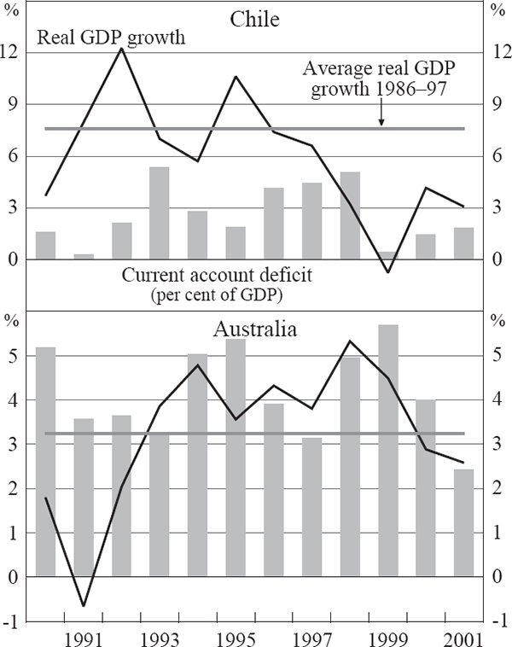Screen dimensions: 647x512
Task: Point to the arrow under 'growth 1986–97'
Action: click(x=381, y=117)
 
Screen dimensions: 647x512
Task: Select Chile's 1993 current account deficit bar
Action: click(x=160, y=213)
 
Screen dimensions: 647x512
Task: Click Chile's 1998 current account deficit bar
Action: click(x=350, y=216)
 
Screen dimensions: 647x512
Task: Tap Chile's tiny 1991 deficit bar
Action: click(x=84, y=256)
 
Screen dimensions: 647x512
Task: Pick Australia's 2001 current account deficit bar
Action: click(x=463, y=522)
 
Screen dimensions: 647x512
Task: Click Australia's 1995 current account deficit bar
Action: click(x=236, y=458)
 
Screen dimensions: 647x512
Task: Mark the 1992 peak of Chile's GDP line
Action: click(x=121, y=49)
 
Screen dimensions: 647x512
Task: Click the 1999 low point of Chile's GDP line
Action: click(x=388, y=272)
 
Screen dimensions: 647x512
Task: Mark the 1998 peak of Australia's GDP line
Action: click(x=350, y=341)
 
